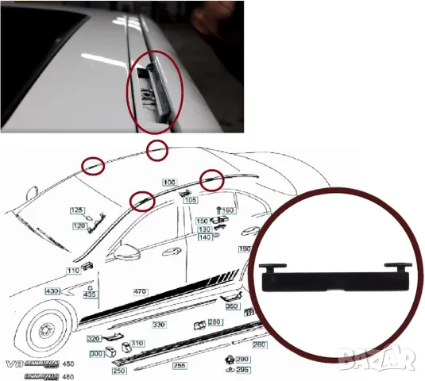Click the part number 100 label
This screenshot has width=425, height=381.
pyautogui.click(x=169, y=182)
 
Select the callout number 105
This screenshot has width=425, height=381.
pyautogui.click(x=191, y=200)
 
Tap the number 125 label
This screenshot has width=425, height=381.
pyautogui.click(x=77, y=210)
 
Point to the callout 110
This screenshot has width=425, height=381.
pyautogui.click(x=73, y=271)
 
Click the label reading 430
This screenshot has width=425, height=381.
pyautogui.click(x=52, y=292)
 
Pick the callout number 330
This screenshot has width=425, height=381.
pyautogui.click(x=159, y=325)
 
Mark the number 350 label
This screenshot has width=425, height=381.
pyautogui.click(x=232, y=306)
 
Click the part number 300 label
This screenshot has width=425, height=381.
pyautogui.click(x=96, y=353)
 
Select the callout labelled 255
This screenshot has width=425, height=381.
pyautogui.click(x=181, y=366)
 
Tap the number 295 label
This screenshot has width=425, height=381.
pyautogui.click(x=243, y=370)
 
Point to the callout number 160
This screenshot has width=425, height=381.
pyautogui.click(x=227, y=210)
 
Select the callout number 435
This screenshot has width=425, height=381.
pyautogui.click(x=90, y=294)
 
